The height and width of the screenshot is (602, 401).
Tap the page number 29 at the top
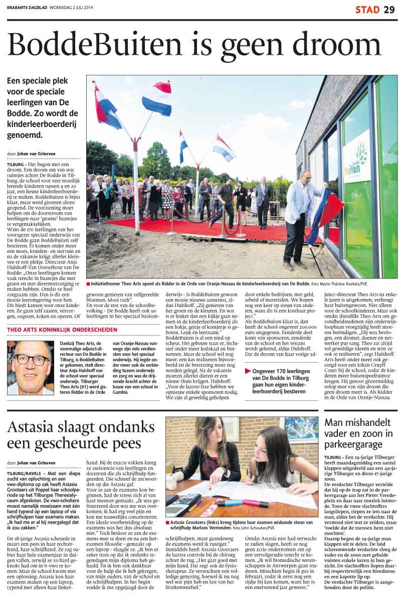click(389, 10)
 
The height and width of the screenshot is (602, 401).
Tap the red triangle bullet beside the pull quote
click(248, 371)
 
